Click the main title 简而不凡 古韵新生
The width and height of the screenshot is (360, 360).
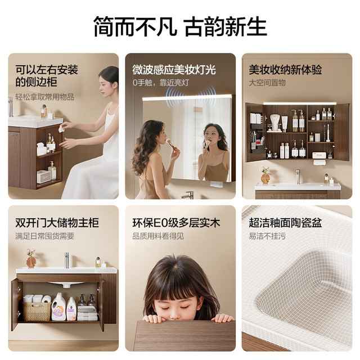[180, 26]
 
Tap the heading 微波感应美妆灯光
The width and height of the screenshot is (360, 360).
[174, 70]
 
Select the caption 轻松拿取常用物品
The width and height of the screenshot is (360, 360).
[45, 97]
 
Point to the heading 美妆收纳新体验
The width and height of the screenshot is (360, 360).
[285, 70]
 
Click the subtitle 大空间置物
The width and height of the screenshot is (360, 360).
[267, 83]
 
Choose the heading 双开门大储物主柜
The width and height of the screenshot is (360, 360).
[57, 223]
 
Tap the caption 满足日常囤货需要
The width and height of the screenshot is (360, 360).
[45, 236]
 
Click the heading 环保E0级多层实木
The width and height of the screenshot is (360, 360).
[176, 223]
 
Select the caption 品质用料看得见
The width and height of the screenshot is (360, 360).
[158, 236]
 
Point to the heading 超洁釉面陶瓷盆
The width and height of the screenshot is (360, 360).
[285, 223]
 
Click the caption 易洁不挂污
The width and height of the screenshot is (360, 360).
[267, 236]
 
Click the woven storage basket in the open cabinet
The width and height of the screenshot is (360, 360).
[37, 311]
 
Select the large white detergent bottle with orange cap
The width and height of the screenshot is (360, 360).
[58, 307]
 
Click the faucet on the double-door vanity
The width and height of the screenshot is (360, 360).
[66, 260]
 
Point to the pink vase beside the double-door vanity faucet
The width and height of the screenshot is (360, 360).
[30, 262]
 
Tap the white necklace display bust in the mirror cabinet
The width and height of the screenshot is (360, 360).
[275, 123]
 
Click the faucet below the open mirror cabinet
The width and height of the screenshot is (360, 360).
[298, 177]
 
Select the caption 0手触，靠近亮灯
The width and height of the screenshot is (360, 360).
[160, 83]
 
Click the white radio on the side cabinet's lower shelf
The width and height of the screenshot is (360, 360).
[43, 177]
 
